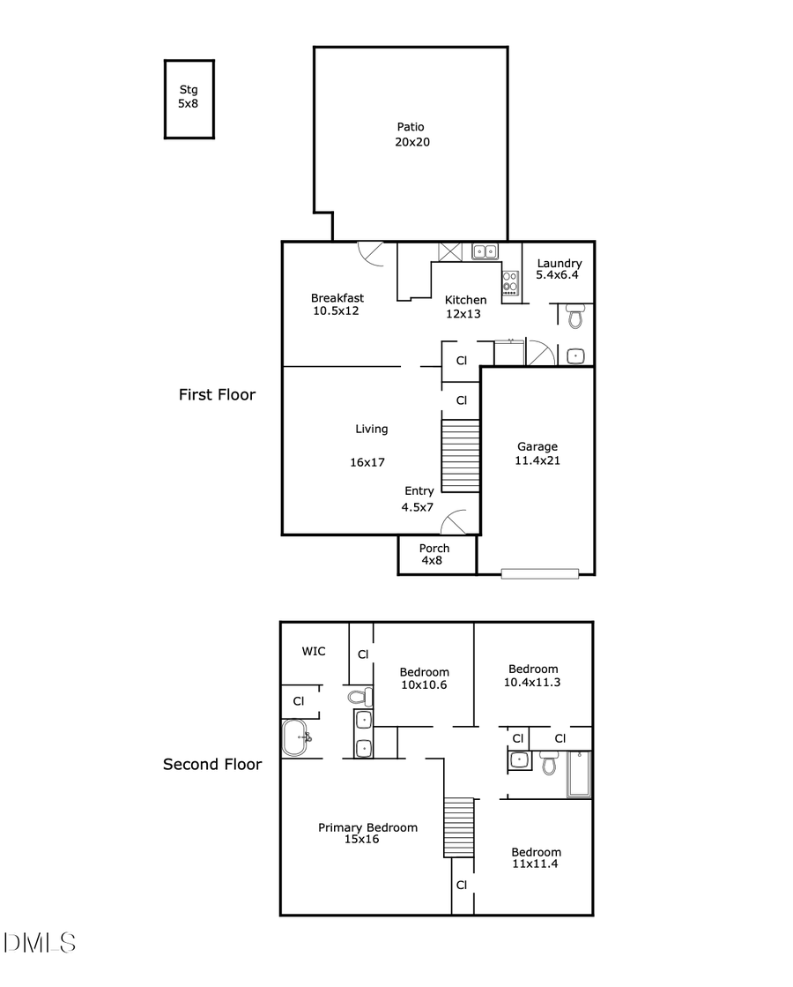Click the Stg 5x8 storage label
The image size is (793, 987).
click(189, 96)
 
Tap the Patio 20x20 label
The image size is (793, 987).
click(411, 134)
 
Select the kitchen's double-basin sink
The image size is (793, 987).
click(485, 252)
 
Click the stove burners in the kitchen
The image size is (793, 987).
click(510, 282)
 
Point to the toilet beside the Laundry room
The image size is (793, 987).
click(575, 316)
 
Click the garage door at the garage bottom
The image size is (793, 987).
click(539, 573)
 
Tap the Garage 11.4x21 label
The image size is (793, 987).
click(537, 453)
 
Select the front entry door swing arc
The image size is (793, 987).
click(456, 523)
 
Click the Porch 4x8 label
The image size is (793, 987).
click(434, 554)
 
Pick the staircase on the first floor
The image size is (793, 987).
click(460, 456)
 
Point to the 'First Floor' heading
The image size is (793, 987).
click(217, 395)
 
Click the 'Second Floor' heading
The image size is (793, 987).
click(212, 764)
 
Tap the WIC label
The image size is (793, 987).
click(314, 652)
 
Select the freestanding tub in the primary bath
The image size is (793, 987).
click(296, 737)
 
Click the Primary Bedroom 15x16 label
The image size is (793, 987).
click(367, 834)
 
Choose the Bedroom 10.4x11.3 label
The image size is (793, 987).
click(531, 676)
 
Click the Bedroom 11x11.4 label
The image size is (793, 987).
click(536, 857)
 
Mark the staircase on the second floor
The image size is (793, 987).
click(458, 827)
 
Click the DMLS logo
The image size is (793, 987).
click(40, 942)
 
